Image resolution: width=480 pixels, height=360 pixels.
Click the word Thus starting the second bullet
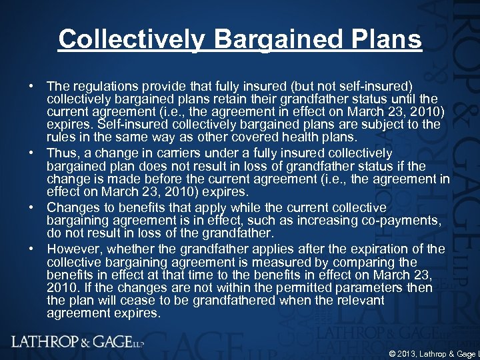(61, 153)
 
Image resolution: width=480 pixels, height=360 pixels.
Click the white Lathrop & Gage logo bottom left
(77, 341)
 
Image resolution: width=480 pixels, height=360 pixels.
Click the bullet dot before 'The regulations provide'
(31, 87)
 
